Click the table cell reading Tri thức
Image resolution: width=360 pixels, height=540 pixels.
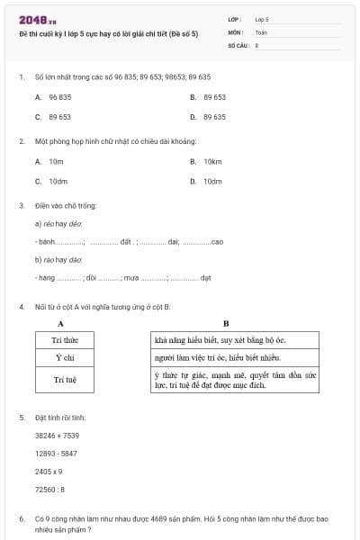(x=66, y=340)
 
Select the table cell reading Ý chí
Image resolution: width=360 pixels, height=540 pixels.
(x=66, y=358)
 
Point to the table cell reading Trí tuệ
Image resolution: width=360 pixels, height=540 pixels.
(x=66, y=380)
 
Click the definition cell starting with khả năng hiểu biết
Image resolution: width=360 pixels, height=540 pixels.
(x=234, y=340)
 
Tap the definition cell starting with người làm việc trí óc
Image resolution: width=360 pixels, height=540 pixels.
(x=234, y=358)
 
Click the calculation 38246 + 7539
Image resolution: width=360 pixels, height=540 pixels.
(x=57, y=436)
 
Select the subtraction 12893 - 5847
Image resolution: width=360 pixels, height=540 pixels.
(x=56, y=454)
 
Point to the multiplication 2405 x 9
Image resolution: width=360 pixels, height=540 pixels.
(x=49, y=472)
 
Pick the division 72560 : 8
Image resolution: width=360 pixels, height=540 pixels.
(x=49, y=490)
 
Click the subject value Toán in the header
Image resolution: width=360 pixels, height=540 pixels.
(x=261, y=31)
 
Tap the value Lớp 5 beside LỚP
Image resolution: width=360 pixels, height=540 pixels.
(x=262, y=19)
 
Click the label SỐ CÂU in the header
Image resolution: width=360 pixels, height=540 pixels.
(x=237, y=44)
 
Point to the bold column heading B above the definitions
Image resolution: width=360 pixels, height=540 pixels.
(x=226, y=323)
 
